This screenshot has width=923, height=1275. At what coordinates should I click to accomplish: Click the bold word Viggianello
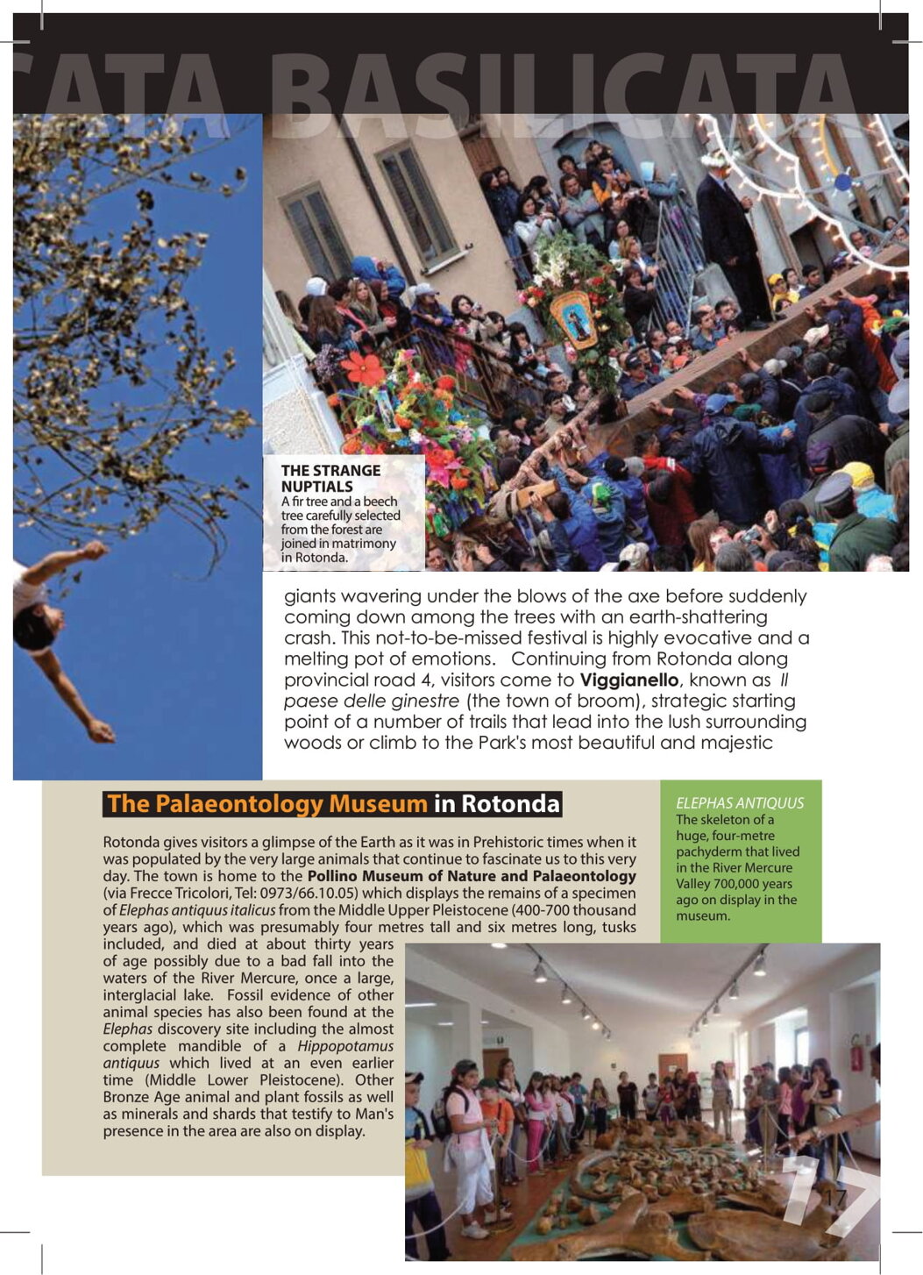tap(628, 680)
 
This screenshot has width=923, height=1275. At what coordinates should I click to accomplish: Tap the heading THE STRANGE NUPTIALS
tap(330, 478)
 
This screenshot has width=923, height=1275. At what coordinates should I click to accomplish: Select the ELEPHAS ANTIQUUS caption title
tap(739, 802)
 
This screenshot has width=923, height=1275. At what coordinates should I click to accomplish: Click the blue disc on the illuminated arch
tap(842, 182)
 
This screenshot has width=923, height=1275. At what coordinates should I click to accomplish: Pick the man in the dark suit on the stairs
tap(729, 237)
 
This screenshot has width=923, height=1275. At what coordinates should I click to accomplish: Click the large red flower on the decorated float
tap(362, 369)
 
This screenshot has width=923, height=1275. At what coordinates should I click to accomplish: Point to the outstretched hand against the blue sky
tap(98, 730)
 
